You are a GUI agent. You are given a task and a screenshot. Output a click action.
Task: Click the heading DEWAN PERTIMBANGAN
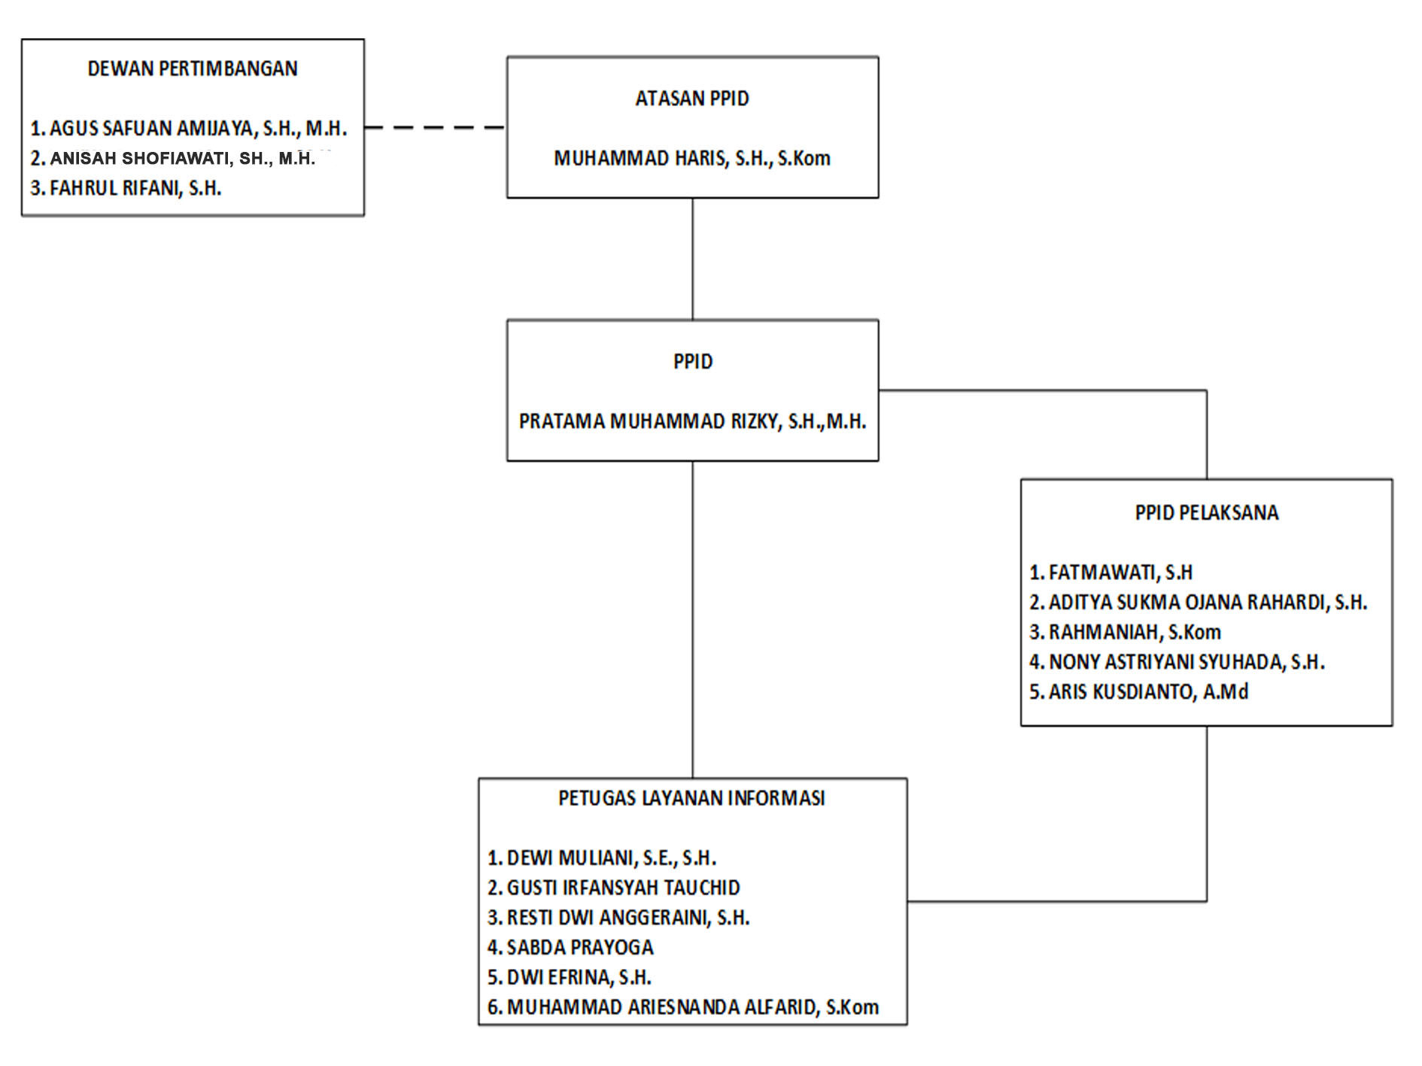(x=193, y=68)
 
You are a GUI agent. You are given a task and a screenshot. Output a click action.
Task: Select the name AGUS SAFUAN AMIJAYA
(x=151, y=129)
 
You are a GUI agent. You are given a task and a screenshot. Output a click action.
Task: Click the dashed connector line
(x=435, y=127)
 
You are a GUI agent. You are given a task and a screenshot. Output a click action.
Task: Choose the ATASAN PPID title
(x=692, y=99)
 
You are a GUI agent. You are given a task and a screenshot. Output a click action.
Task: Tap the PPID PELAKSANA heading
(x=1207, y=513)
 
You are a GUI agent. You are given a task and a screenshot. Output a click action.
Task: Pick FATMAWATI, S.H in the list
(x=1120, y=572)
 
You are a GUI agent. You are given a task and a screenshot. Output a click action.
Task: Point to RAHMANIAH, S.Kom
(x=1135, y=632)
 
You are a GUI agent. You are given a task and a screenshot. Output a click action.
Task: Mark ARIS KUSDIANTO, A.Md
(x=1148, y=692)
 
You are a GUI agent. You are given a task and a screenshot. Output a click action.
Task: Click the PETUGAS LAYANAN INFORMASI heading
(x=692, y=798)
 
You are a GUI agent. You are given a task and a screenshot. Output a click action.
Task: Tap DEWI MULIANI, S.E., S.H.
(x=612, y=858)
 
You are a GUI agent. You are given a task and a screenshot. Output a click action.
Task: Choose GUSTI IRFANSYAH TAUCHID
(x=624, y=888)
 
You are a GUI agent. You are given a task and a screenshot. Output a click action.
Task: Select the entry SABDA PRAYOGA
(x=580, y=948)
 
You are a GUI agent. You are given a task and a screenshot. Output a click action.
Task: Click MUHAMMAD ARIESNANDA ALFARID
(x=660, y=1007)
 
